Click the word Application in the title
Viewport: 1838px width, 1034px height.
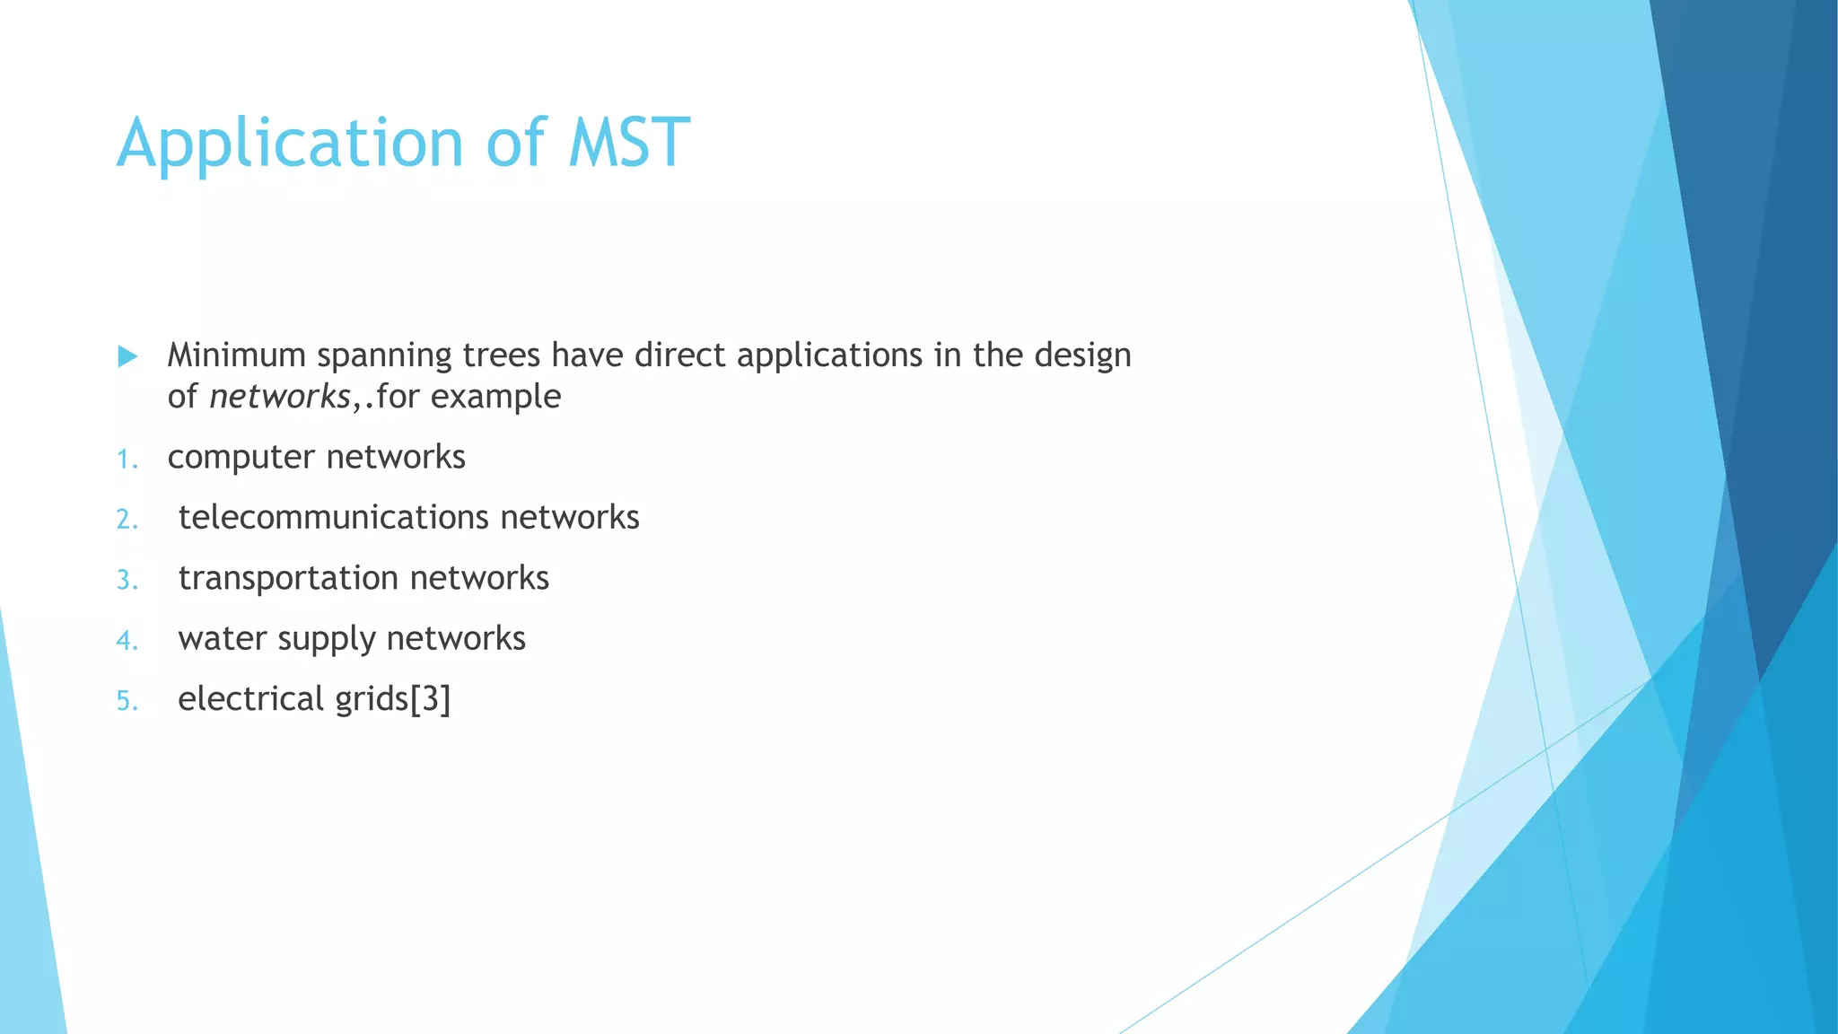(x=290, y=144)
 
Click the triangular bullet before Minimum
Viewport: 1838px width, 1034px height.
(x=127, y=356)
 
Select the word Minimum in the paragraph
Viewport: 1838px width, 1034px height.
(x=237, y=355)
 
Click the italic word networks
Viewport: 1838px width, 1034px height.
(x=279, y=397)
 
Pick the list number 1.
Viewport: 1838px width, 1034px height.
(x=126, y=460)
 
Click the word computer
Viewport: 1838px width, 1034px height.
(x=241, y=458)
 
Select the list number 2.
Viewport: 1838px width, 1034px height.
(x=126, y=519)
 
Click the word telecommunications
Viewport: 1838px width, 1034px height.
(x=333, y=518)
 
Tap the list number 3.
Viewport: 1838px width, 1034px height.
(x=126, y=580)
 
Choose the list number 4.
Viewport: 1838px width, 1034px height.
(x=126, y=640)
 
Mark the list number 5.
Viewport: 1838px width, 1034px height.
(x=126, y=700)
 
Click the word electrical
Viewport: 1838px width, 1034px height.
(x=250, y=699)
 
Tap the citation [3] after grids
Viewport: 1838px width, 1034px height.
(x=430, y=699)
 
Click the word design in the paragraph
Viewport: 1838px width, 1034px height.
(x=1082, y=356)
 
